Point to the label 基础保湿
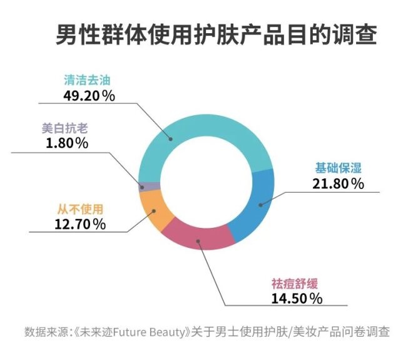(339, 168)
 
